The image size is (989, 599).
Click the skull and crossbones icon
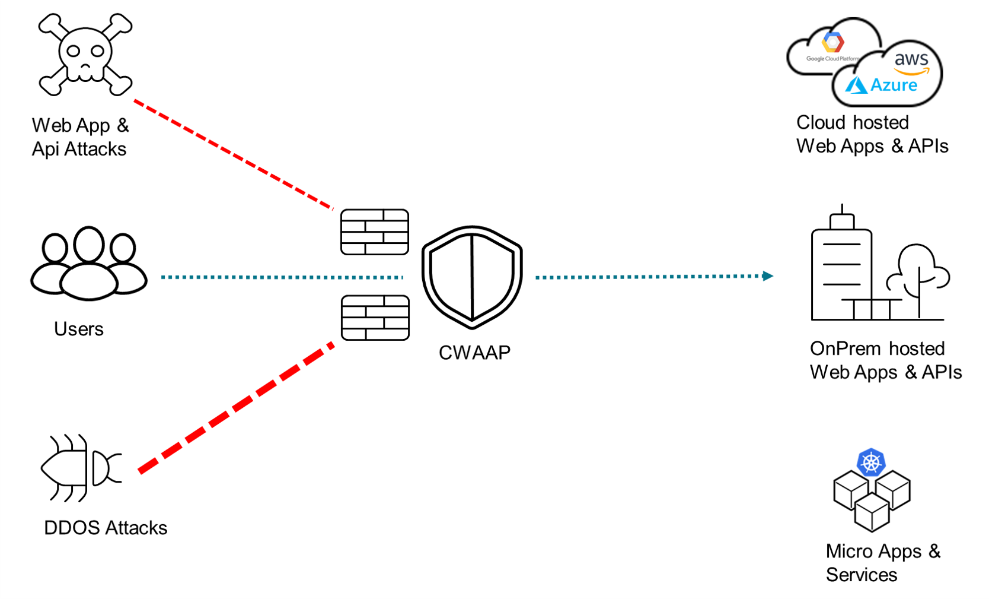(x=85, y=55)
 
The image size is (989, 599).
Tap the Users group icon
(x=89, y=265)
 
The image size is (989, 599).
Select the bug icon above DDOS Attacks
(x=81, y=468)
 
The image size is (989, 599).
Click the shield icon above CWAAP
(x=472, y=277)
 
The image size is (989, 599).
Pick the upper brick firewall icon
(x=375, y=232)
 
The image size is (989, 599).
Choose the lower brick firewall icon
(x=375, y=318)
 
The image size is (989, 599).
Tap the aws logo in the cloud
(x=911, y=61)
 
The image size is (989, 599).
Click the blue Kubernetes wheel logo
(x=871, y=462)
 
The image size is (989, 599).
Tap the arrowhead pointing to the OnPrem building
(x=768, y=276)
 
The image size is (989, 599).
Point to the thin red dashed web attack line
(x=234, y=155)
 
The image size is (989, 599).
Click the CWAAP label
(x=474, y=353)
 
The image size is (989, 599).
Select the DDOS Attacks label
(x=106, y=528)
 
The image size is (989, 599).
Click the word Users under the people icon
(x=79, y=329)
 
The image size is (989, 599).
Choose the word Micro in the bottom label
(x=848, y=552)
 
